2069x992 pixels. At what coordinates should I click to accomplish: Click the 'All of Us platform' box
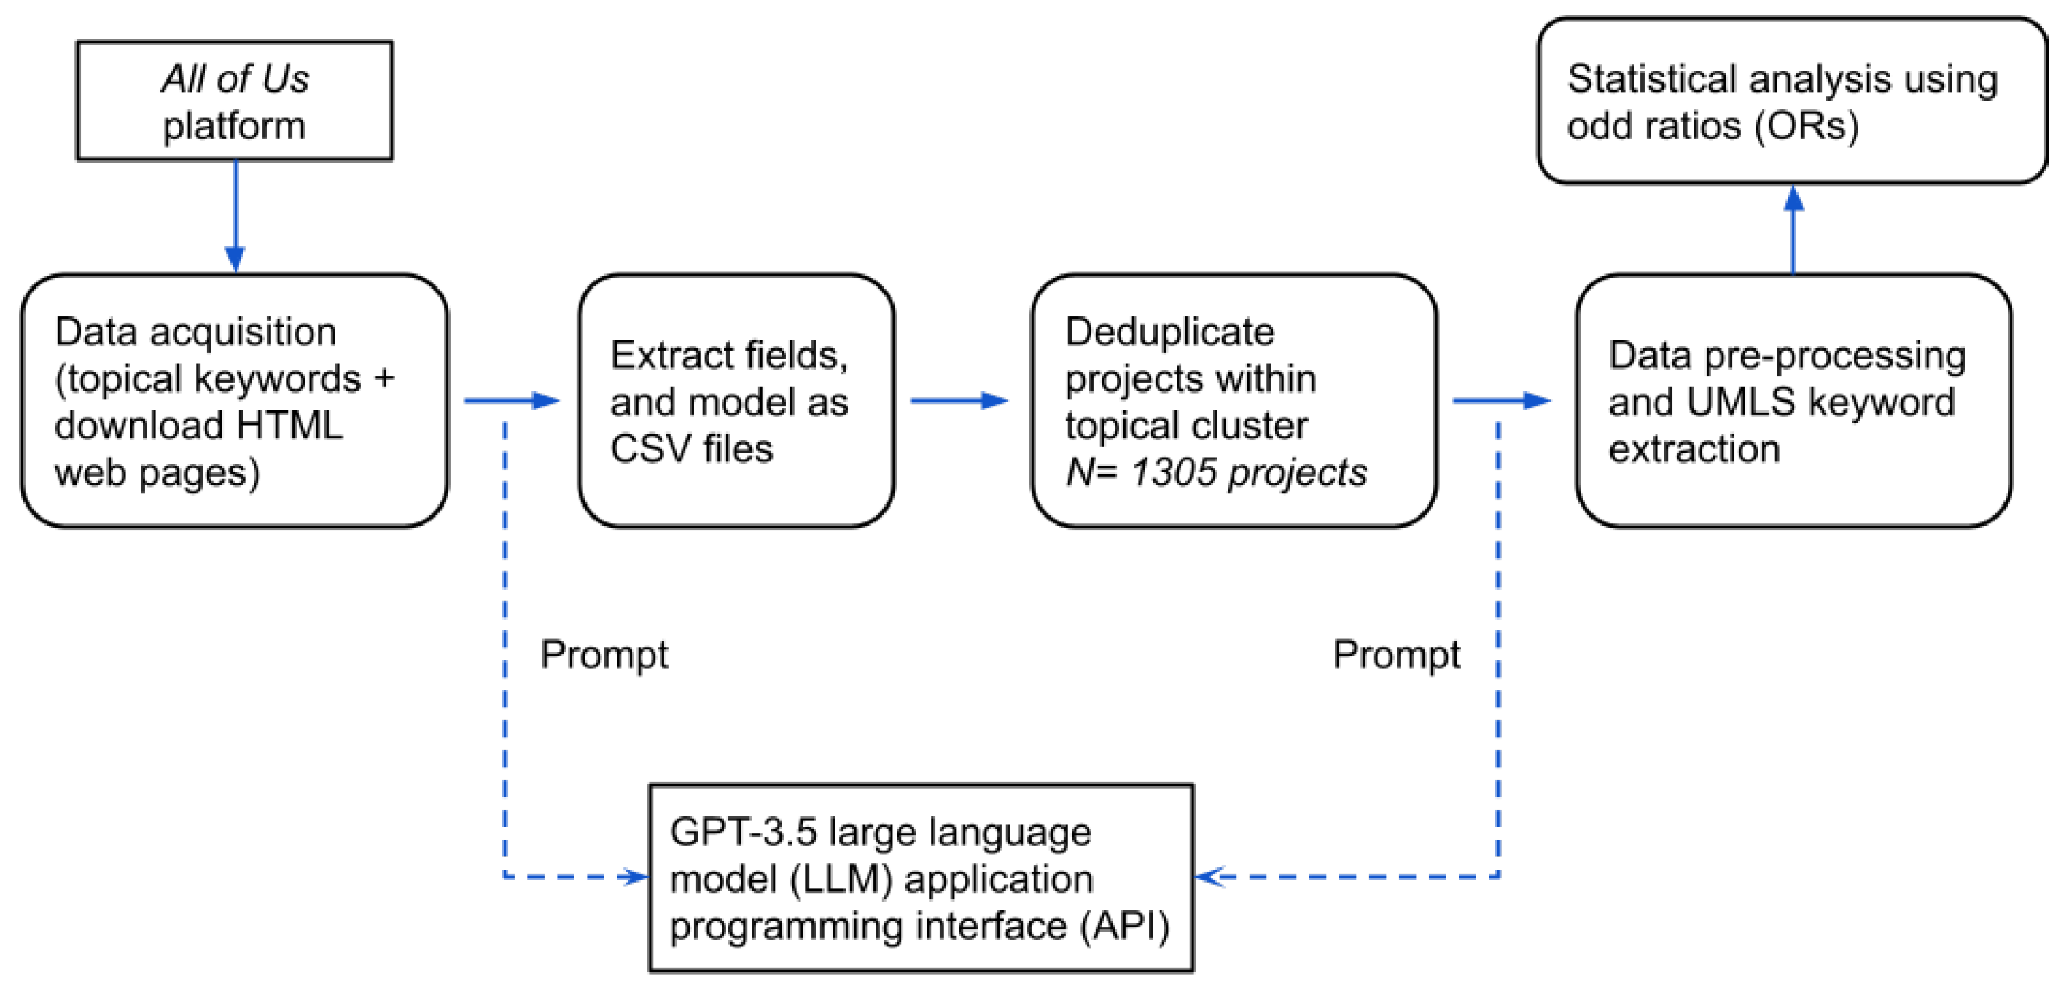(235, 101)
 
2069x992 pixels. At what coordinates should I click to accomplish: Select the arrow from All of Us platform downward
(235, 217)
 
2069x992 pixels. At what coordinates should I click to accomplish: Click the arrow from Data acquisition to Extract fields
(512, 400)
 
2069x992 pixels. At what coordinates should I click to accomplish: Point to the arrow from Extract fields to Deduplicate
(958, 400)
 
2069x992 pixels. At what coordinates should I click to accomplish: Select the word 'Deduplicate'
(1169, 332)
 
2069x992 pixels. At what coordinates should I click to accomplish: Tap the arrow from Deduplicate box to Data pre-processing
(1500, 400)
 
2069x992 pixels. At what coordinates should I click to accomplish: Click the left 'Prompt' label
(603, 655)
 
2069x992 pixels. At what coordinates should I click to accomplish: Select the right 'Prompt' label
(1396, 655)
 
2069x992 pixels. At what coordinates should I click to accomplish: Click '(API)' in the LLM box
(1123, 926)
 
